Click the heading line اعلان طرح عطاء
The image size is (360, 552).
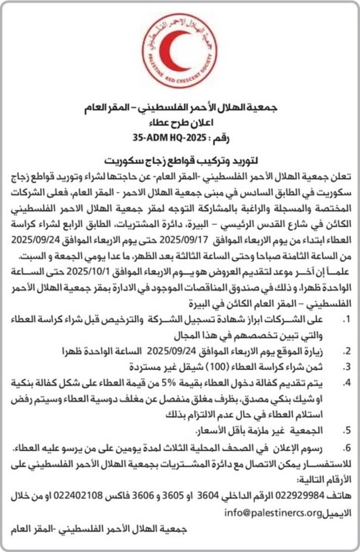click(180, 124)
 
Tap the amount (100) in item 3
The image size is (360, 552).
click(207, 367)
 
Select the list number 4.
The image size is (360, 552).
click(347, 382)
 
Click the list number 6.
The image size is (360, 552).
click(347, 448)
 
